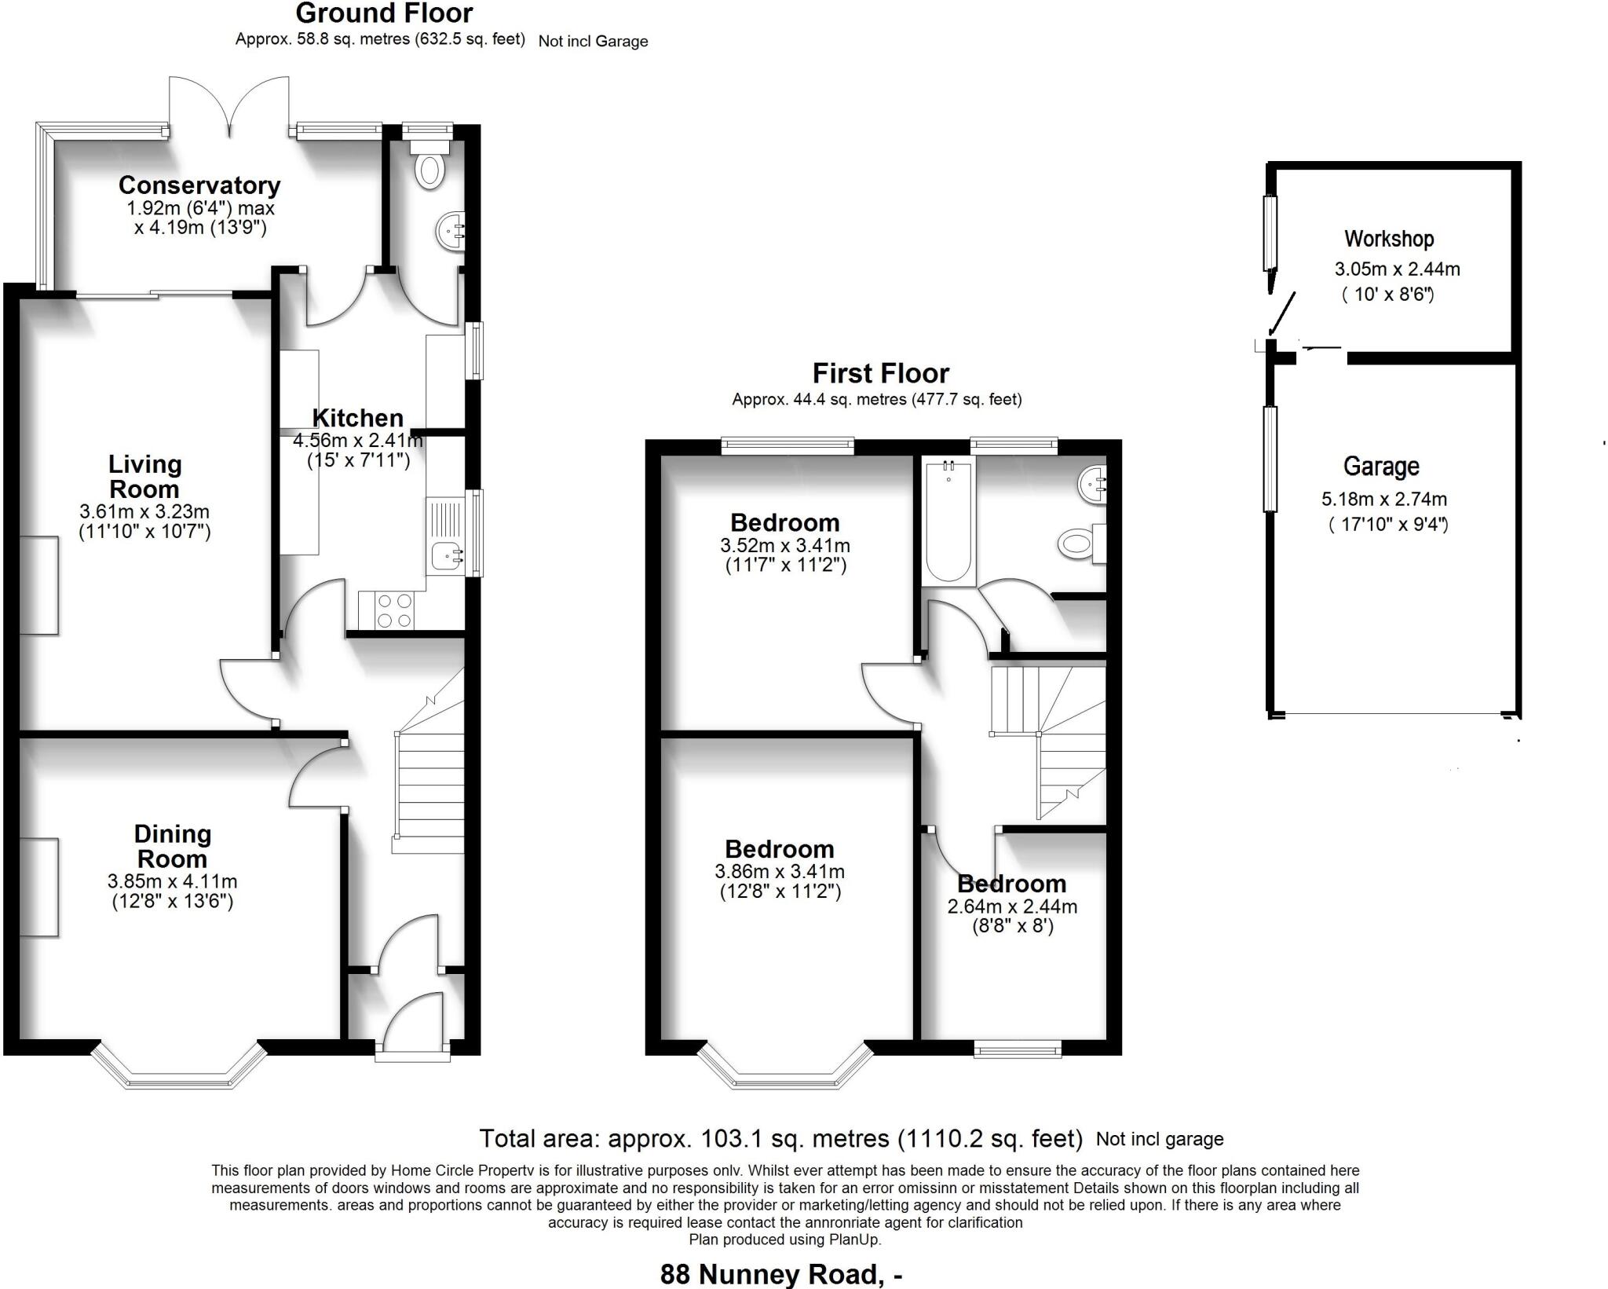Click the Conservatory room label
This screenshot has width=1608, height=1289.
click(199, 185)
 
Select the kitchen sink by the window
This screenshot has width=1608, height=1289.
click(444, 556)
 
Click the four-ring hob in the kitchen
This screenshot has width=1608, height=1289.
click(394, 610)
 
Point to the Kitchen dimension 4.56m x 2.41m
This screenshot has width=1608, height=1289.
click(358, 441)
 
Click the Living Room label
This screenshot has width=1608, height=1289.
click(144, 476)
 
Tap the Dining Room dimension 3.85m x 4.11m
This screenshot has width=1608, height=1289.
click(172, 882)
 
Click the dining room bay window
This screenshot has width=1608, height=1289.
click(179, 1069)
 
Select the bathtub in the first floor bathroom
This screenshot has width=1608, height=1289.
click(949, 522)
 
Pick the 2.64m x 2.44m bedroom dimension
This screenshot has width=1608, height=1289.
click(1012, 906)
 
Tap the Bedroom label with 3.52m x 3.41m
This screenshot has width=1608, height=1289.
click(784, 522)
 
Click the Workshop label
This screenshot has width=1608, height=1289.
click(1388, 239)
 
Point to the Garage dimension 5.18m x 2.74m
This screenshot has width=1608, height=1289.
click(1383, 499)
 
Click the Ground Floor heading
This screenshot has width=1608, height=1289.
click(384, 13)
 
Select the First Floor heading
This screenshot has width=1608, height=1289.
click(880, 372)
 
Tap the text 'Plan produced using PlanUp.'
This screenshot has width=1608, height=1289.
click(784, 1240)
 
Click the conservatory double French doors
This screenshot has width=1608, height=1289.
click(229, 106)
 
